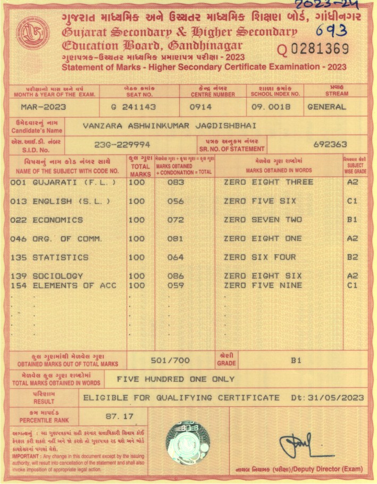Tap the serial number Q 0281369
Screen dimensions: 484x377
tap(313, 49)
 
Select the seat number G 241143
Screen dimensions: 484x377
tap(133, 107)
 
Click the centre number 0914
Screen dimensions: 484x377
tap(201, 107)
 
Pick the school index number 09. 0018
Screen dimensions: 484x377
tap(272, 107)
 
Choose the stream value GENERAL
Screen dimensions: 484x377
tap(326, 107)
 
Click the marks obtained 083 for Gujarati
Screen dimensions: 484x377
tap(175, 182)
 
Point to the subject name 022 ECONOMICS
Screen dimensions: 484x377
tap(47, 220)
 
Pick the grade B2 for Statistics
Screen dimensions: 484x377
tap(353, 257)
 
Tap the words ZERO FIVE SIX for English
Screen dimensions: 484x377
tap(260, 201)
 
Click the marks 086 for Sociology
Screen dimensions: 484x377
tap(175, 276)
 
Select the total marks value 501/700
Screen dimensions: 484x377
tap(170, 361)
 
